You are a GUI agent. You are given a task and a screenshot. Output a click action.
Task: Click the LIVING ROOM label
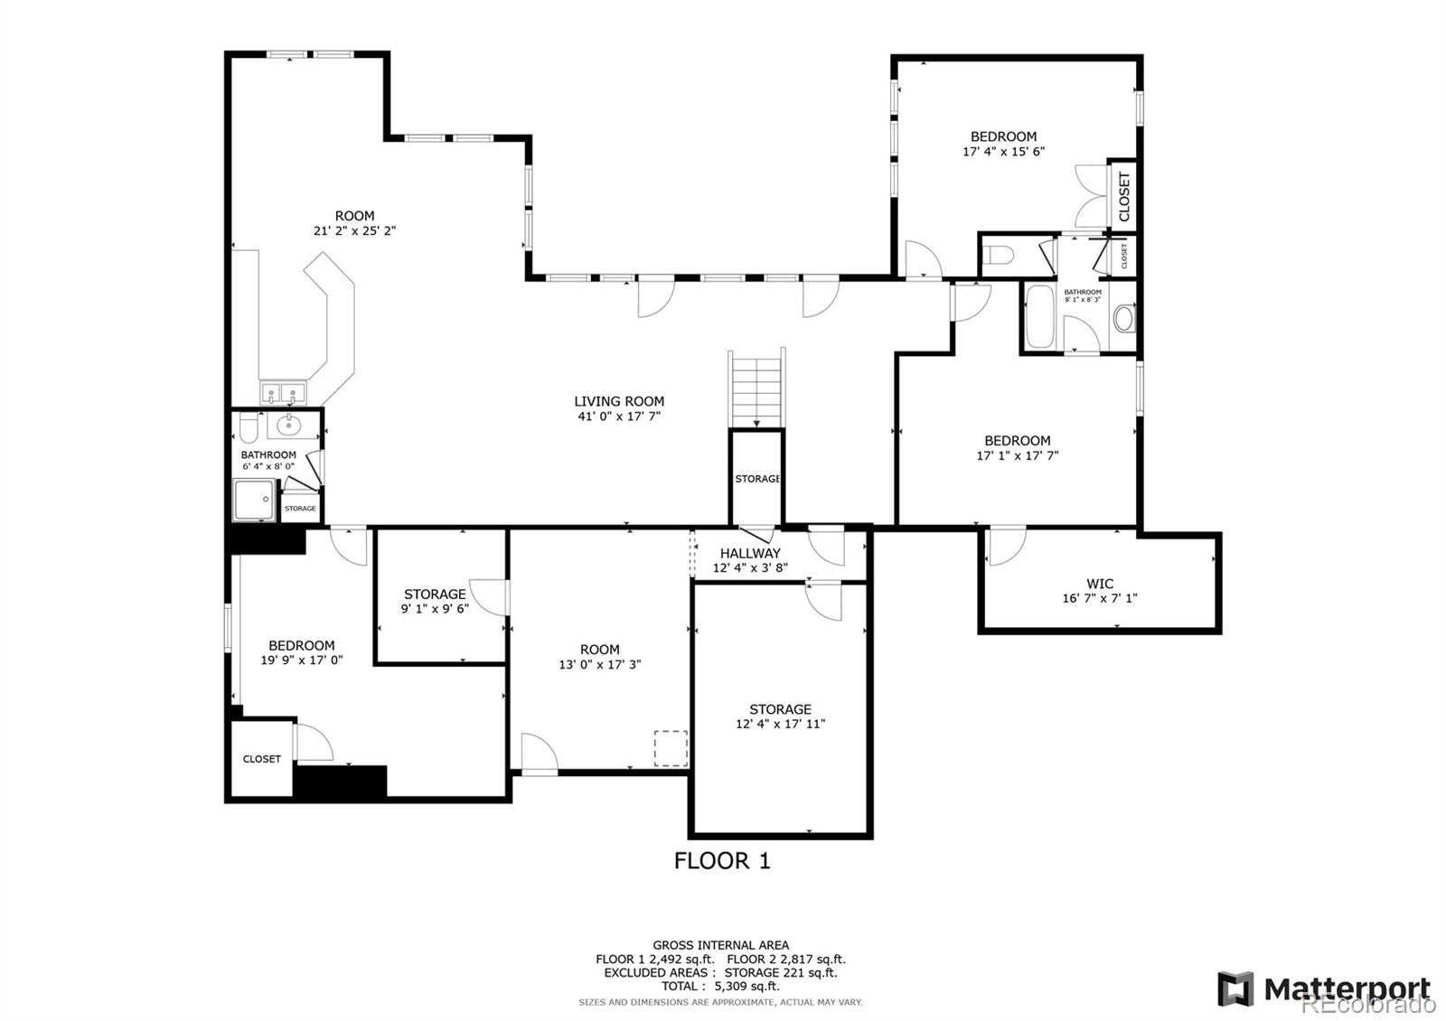pyautogui.click(x=619, y=401)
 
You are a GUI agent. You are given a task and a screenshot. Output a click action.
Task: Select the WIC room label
pyautogui.click(x=1100, y=584)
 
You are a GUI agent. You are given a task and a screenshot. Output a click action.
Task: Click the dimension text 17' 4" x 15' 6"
pyautogui.click(x=1003, y=152)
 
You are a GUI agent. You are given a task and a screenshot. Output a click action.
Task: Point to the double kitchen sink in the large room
pyautogui.click(x=283, y=394)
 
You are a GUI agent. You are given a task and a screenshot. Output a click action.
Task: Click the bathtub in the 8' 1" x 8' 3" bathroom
pyautogui.click(x=1039, y=316)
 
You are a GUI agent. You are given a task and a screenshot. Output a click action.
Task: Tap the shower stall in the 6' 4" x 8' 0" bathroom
pyautogui.click(x=255, y=501)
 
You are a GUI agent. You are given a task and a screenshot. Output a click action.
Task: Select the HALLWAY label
pyautogui.click(x=750, y=553)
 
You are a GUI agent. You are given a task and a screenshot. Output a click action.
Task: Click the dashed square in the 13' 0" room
pyautogui.click(x=671, y=748)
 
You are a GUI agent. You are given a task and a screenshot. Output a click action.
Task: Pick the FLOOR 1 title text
pyautogui.click(x=722, y=860)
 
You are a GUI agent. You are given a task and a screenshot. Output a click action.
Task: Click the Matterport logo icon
pyautogui.click(x=1235, y=988)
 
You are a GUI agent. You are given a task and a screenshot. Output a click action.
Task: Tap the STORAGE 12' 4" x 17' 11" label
pyautogui.click(x=780, y=709)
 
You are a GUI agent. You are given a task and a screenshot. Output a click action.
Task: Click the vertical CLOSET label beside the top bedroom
pyautogui.click(x=1124, y=197)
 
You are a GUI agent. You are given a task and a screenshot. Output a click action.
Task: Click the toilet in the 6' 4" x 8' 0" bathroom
pyautogui.click(x=248, y=426)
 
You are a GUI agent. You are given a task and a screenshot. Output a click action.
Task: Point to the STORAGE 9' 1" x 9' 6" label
pyautogui.click(x=435, y=594)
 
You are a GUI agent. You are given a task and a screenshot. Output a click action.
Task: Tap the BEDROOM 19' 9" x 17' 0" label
pyautogui.click(x=301, y=645)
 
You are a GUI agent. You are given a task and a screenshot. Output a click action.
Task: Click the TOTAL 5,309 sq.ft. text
pyautogui.click(x=720, y=986)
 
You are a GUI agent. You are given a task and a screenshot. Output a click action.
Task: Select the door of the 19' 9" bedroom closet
pyautogui.click(x=315, y=743)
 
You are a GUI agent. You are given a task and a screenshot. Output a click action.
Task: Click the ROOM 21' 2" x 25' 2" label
pyautogui.click(x=354, y=215)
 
